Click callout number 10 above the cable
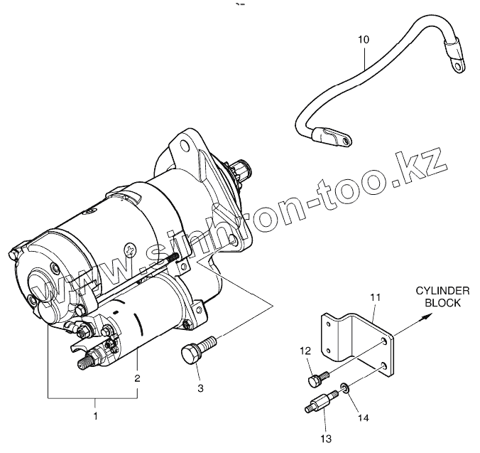(363, 40)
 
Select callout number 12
(305, 351)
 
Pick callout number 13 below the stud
(327, 439)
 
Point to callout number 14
(363, 418)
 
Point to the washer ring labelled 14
(344, 389)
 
